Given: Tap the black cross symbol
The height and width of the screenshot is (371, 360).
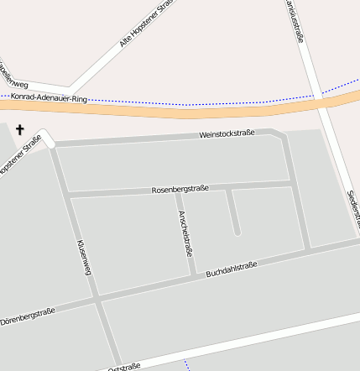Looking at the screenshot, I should click(x=20, y=132).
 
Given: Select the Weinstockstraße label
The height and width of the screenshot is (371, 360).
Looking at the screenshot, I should click(x=227, y=134).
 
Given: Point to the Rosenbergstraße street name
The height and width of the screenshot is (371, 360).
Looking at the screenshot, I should click(x=180, y=189).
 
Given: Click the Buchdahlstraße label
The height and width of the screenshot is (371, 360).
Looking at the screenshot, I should click(x=231, y=276).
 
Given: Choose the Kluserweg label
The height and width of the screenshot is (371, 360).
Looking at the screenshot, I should click(x=83, y=257).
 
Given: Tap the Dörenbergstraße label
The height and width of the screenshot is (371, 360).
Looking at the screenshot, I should click(x=27, y=316).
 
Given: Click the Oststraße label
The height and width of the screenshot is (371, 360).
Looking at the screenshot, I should click(x=123, y=366).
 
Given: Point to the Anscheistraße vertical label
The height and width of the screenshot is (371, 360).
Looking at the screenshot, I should click(x=186, y=233).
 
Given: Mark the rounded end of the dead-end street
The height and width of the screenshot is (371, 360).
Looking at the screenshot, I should click(x=237, y=231).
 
